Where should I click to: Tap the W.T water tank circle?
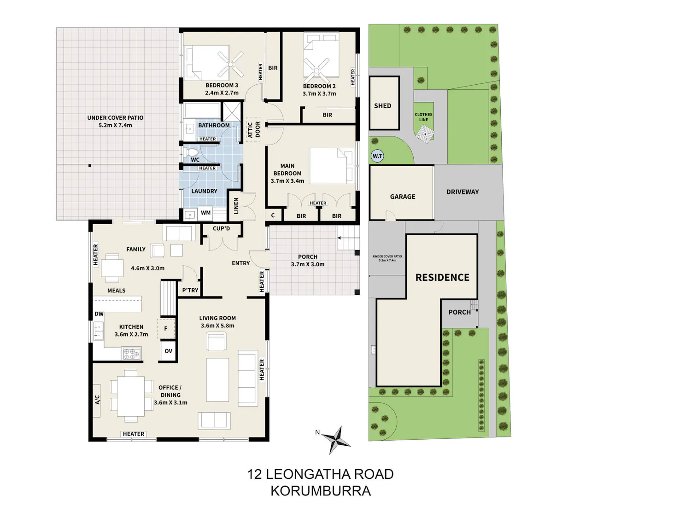377,156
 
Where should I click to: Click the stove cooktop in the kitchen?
132,354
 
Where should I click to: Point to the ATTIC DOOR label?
254,129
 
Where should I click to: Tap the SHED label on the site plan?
382,106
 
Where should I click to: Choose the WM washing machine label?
205,213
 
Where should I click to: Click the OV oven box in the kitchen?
168,351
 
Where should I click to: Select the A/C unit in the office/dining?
97,400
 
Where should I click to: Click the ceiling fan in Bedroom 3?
231,64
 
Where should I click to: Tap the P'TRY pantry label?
190,290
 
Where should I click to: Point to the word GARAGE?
403,197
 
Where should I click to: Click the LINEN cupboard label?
236,206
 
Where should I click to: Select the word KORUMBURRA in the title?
321,491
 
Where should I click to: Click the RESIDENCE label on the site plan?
442,277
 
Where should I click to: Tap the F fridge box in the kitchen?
166,329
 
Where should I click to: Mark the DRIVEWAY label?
463,192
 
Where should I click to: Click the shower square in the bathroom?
232,111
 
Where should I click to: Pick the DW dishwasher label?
99,314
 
